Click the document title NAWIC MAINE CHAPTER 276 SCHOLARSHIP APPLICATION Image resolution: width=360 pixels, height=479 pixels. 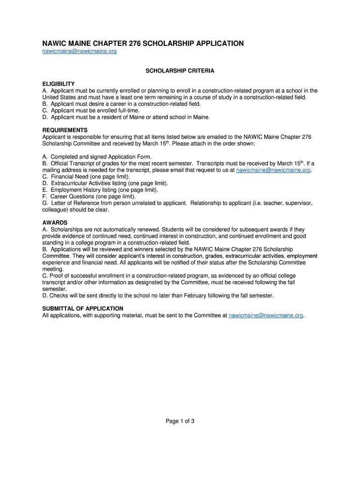pyautogui.click(x=143, y=44)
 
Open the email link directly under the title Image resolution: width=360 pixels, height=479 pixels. pyautogui.click(x=79, y=52)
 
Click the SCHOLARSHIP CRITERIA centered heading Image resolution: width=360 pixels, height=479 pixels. pyautogui.click(x=180, y=71)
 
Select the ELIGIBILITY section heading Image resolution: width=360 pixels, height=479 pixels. pyautogui.click(x=58, y=84)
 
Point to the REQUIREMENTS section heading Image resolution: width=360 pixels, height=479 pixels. pyautogui.click(x=65, y=130)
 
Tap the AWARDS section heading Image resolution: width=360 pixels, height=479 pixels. pyautogui.click(x=55, y=223)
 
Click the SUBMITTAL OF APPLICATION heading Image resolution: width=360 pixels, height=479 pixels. pyautogui.click(x=83, y=309)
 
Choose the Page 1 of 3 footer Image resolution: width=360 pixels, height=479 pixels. pyautogui.click(x=180, y=421)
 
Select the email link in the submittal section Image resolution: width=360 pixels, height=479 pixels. pyautogui.click(x=266, y=315)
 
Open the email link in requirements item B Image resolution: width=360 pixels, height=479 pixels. pyautogui.click(x=273, y=170)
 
